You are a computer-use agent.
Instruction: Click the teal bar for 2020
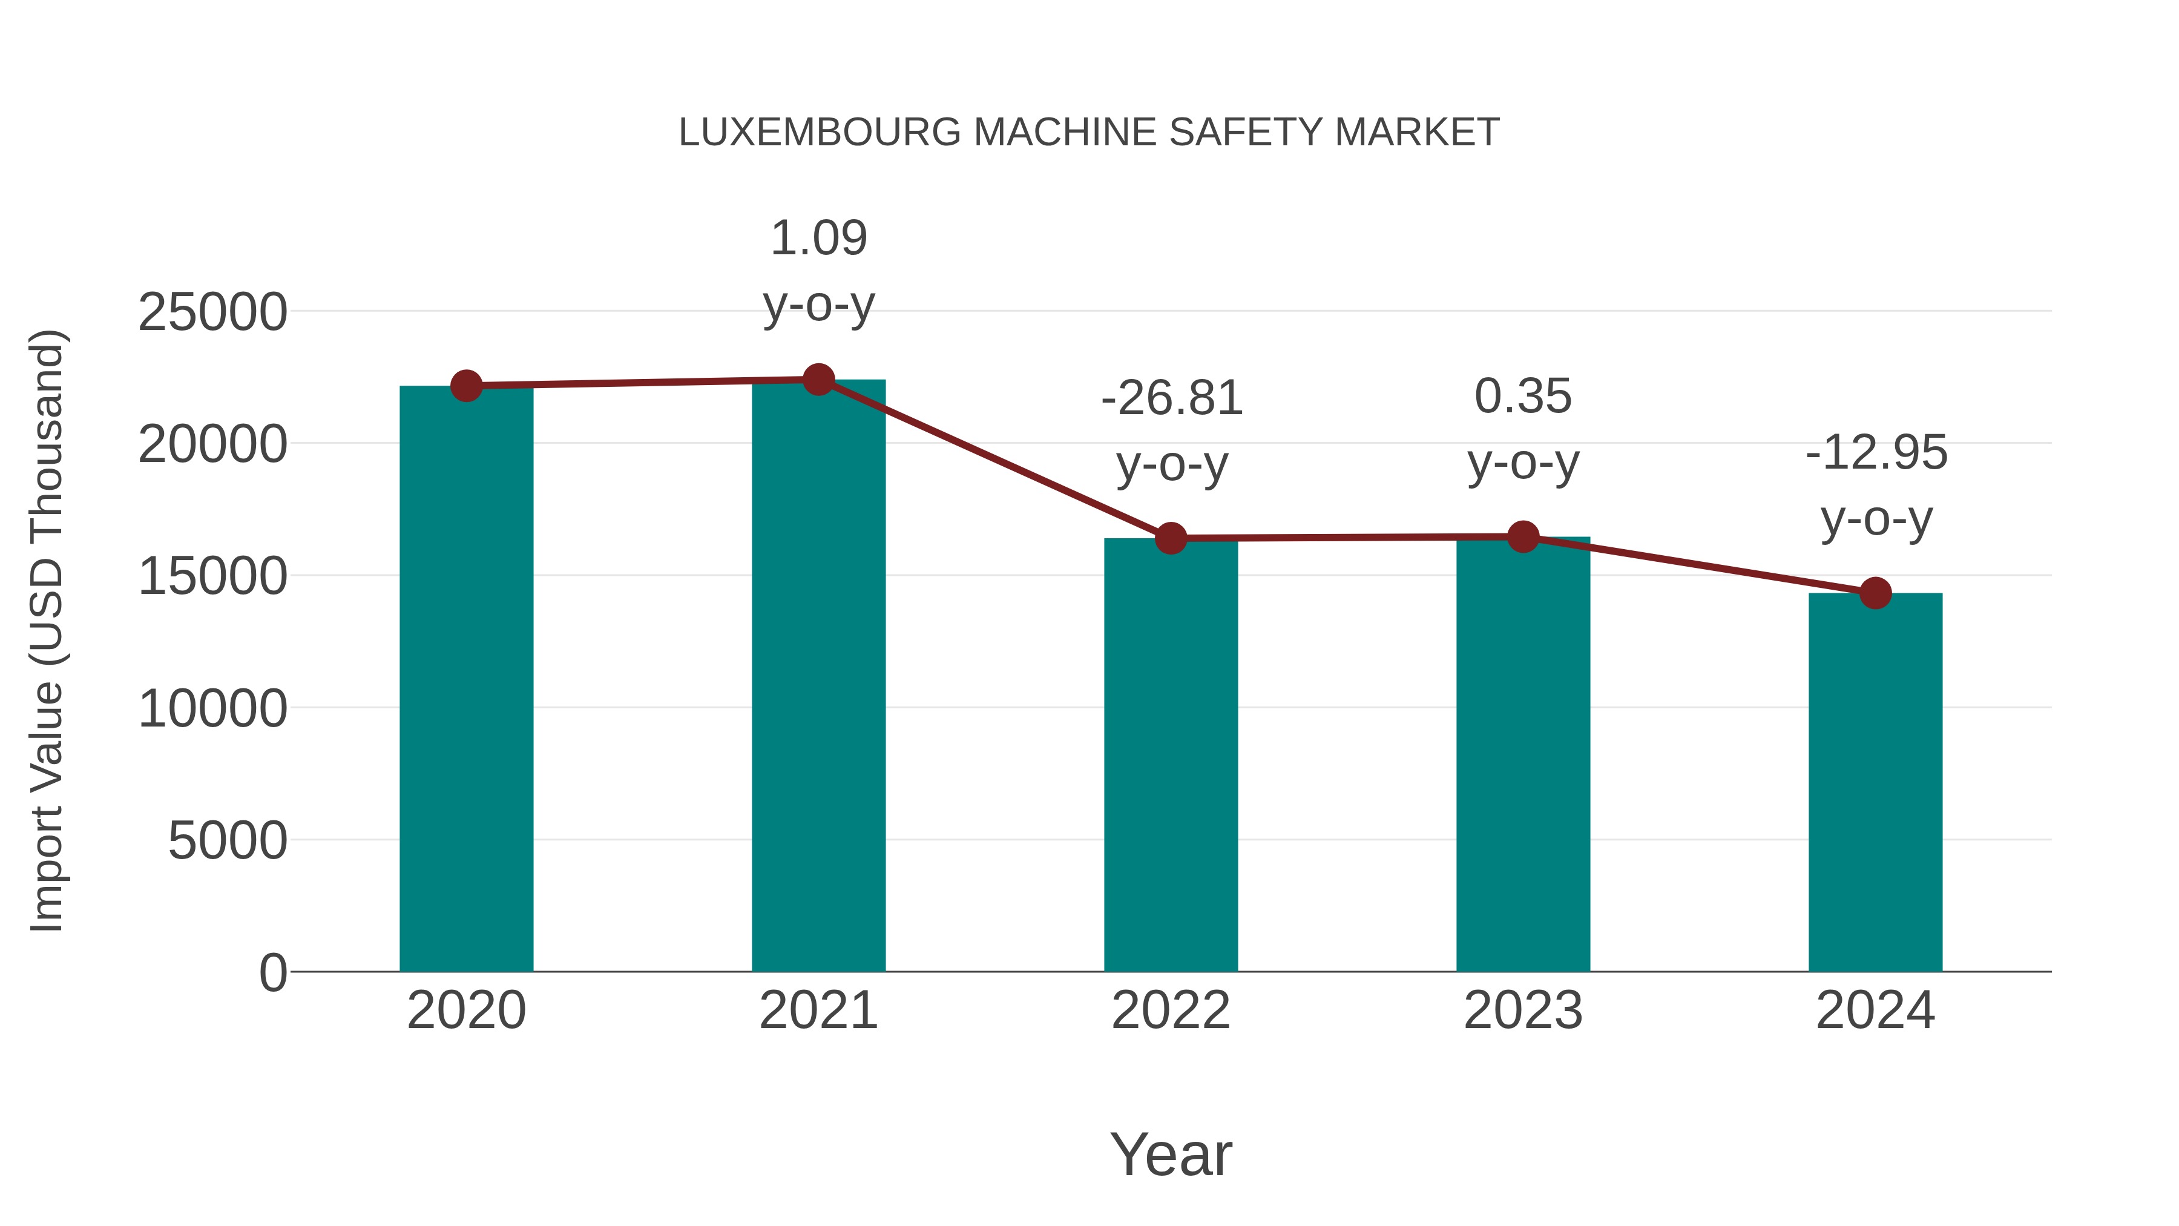(466, 677)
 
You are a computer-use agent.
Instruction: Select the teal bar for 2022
(1171, 753)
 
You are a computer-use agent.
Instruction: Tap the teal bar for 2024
(1875, 783)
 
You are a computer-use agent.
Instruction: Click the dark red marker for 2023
(1523, 536)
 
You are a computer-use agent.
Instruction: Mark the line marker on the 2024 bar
(1875, 593)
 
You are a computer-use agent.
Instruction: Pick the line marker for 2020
(466, 386)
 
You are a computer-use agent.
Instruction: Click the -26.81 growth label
(1172, 398)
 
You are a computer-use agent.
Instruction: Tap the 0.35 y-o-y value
(1523, 396)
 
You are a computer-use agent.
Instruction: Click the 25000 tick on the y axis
(212, 312)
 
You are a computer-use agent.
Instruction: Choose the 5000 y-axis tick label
(228, 841)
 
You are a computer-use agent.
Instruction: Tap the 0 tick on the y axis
(273, 973)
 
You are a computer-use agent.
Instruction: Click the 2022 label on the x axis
(1171, 1010)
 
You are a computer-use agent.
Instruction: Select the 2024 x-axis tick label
(1875, 1010)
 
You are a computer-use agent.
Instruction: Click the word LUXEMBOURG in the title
(819, 133)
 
